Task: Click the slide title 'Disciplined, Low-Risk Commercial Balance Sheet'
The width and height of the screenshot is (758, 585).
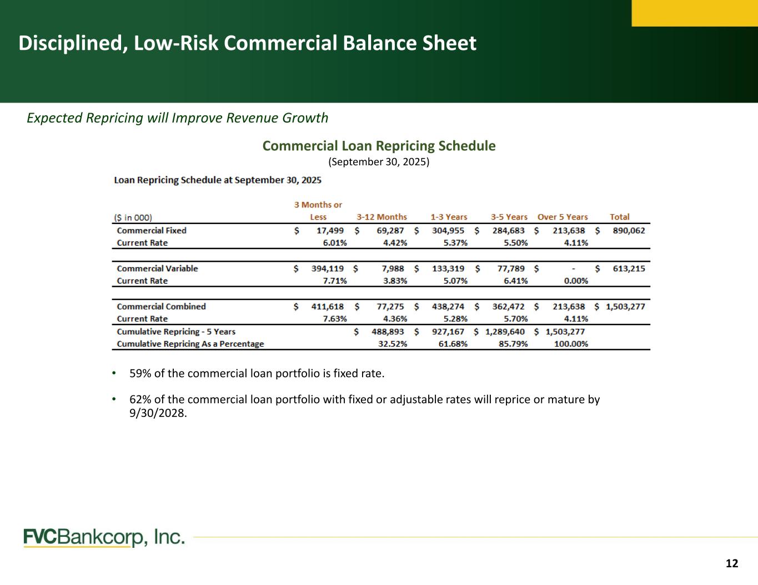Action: click(x=247, y=43)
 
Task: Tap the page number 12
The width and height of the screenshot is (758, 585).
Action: click(x=732, y=563)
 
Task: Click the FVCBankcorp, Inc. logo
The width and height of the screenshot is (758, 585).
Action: click(x=104, y=537)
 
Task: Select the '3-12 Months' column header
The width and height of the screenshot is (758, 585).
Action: click(x=381, y=217)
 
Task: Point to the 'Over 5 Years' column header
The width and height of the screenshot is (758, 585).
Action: click(x=563, y=217)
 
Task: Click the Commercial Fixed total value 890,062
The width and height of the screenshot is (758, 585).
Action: click(x=629, y=230)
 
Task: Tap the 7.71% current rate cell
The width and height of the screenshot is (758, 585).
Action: click(x=335, y=281)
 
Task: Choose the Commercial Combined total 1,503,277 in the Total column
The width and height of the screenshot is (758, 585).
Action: click(x=625, y=306)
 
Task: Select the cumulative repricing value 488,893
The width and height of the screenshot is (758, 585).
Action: click(x=388, y=332)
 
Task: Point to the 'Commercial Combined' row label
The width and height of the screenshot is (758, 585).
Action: click(x=161, y=306)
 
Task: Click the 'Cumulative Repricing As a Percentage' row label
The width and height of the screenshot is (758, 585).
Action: click(x=190, y=344)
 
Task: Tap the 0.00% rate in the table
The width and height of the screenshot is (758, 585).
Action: click(x=576, y=281)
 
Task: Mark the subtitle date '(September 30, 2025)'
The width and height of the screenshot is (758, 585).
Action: click(x=379, y=162)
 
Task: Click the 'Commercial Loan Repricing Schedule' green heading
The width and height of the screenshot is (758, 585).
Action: click(x=379, y=146)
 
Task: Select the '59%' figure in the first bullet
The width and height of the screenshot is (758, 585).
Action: click(x=140, y=373)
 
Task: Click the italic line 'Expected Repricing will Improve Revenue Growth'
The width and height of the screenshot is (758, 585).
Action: click(x=178, y=118)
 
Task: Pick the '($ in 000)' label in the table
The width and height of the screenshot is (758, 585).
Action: click(x=133, y=217)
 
